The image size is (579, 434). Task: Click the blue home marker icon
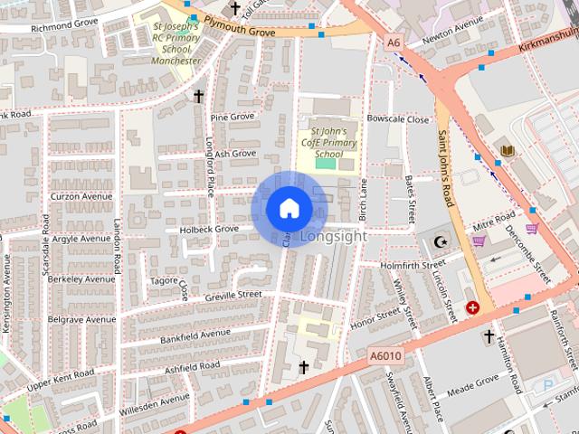click(x=289, y=208)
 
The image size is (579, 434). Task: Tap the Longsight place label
click(x=332, y=237)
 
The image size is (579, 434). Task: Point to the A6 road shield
click(x=393, y=42)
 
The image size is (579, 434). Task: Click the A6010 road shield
click(x=384, y=358)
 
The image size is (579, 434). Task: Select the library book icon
click(x=506, y=151)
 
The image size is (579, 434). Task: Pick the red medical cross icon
click(x=472, y=308)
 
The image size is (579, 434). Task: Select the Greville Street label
click(x=233, y=295)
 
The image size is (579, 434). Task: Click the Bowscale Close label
click(x=398, y=119)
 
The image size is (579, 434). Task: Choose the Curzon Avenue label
click(x=81, y=196)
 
